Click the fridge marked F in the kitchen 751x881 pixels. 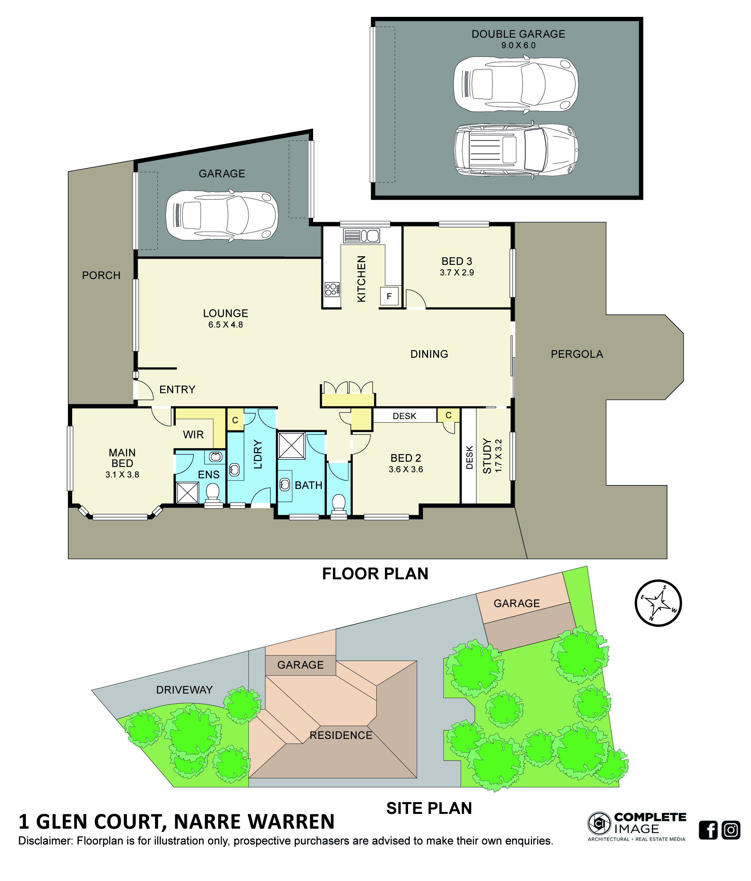point(388,296)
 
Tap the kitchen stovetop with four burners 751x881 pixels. point(332,290)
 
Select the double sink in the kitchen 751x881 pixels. point(361,235)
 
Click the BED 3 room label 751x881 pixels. point(456,261)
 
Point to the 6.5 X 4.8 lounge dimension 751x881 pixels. point(225,325)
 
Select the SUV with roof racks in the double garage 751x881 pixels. point(516,150)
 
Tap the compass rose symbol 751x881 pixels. point(658,603)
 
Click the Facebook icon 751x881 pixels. point(708,830)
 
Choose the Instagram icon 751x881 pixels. point(731,830)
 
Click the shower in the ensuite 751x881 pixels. point(187,492)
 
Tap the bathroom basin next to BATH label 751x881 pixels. point(285,484)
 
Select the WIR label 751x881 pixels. point(193,434)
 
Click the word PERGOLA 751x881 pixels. point(576,354)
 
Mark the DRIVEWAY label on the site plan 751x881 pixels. point(184,689)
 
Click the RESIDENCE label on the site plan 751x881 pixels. point(341,735)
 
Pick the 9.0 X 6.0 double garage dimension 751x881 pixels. point(518,46)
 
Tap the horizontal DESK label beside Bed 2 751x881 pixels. point(404,416)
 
